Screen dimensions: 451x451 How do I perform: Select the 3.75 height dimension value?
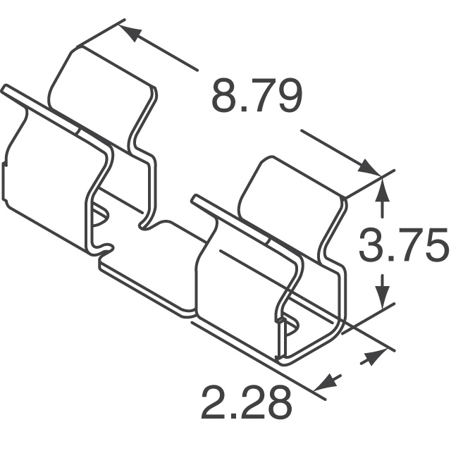(403, 246)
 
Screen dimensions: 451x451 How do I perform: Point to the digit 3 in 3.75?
(373, 246)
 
